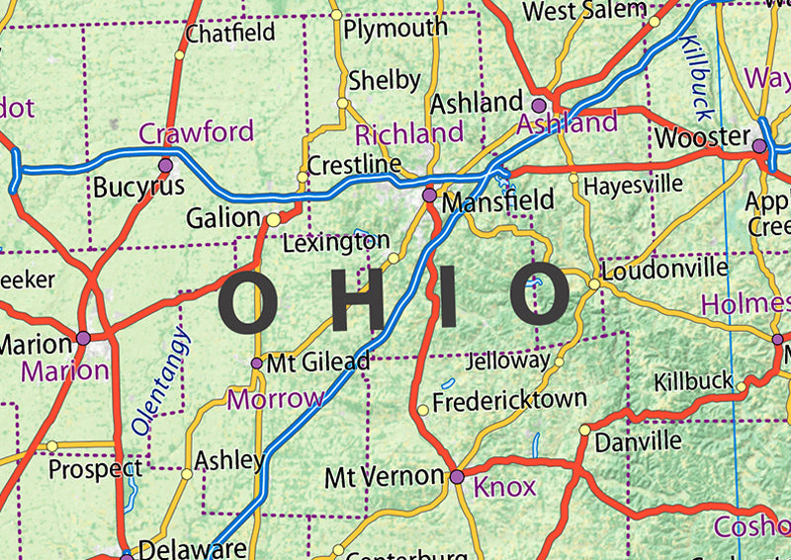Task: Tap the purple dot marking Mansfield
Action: (429, 196)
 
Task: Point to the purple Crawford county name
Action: (196, 132)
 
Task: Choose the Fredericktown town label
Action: (509, 401)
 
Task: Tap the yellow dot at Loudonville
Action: (594, 284)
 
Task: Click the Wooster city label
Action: (702, 136)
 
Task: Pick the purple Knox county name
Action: (504, 486)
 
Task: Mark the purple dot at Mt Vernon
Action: (457, 477)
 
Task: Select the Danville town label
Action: (638, 440)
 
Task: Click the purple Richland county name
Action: (409, 133)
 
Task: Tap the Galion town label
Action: (222, 218)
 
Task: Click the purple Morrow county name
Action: (275, 399)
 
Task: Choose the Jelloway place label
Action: (506, 361)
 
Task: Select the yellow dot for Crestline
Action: (304, 179)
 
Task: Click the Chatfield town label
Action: (230, 33)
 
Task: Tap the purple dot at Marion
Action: (83, 339)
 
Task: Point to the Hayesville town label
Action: (633, 185)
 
